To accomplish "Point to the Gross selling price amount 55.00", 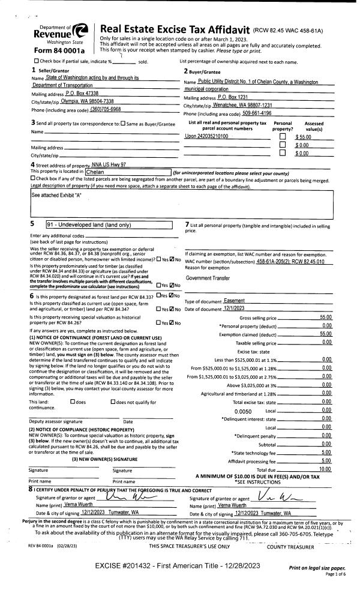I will pyautogui.click(x=326, y=317).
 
